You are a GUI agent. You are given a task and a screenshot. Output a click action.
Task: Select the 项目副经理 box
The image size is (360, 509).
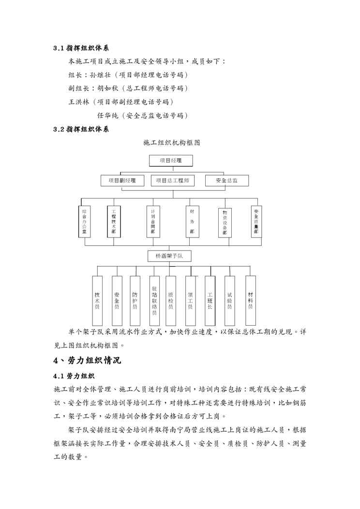click(122, 180)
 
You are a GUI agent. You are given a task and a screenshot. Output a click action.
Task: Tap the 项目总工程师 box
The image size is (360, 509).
click(172, 180)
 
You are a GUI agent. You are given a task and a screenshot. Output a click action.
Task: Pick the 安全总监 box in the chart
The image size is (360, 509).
click(227, 180)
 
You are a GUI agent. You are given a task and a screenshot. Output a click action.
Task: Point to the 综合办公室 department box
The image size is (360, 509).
click(85, 222)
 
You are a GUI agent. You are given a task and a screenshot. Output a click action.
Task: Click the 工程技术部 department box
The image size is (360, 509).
click(114, 222)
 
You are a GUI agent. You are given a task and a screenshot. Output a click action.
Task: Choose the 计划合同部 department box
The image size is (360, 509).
click(153, 222)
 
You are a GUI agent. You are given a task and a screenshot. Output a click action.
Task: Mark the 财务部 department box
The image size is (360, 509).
click(192, 222)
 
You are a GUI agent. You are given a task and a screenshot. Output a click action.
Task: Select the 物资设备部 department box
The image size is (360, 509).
click(225, 222)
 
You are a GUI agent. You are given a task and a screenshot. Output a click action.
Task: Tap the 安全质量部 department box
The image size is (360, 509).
click(256, 221)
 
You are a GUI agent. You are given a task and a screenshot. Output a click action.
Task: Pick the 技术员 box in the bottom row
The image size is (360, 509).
click(98, 300)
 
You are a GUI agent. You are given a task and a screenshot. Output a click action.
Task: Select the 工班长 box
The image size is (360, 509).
click(210, 300)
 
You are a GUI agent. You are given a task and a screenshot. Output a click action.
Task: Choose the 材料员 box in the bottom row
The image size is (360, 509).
click(250, 300)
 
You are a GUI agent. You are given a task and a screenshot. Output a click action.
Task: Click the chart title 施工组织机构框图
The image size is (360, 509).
click(172, 143)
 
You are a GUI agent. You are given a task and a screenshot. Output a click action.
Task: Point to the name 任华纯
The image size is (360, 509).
click(108, 116)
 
